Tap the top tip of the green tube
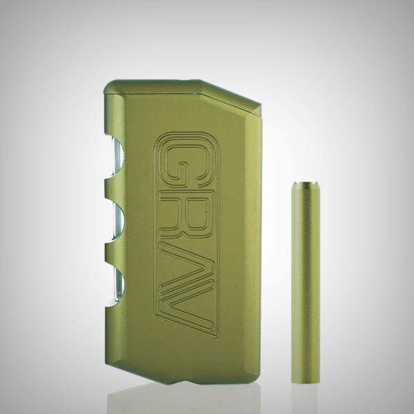click(x=304, y=185)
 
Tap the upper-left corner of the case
click(x=108, y=86)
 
